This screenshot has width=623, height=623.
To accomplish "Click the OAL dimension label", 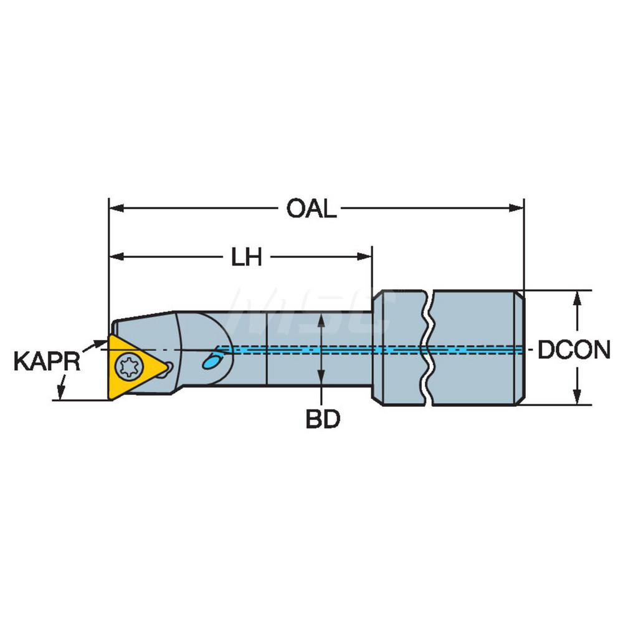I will (311, 209).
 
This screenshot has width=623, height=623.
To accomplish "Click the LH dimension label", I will (247, 257).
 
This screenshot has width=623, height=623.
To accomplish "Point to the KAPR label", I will (47, 361).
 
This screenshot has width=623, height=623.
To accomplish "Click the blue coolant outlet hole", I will (212, 359).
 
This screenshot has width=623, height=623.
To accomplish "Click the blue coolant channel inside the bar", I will (324, 350).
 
